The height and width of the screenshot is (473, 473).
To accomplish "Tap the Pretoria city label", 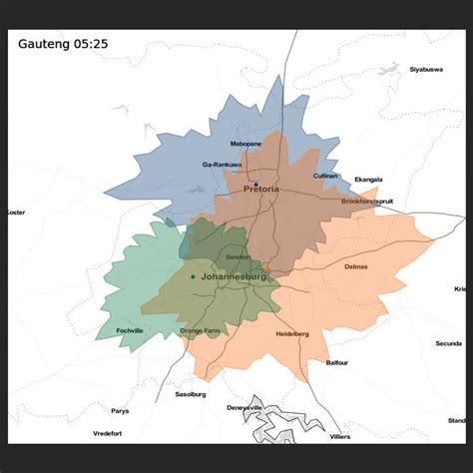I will pyautogui.click(x=261, y=189).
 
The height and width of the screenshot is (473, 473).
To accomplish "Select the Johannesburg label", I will pyautogui.click(x=233, y=275).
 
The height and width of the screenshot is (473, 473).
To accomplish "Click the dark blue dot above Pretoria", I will pyautogui.click(x=255, y=184).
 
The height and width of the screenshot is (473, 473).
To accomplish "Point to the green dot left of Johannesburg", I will pyautogui.click(x=193, y=276).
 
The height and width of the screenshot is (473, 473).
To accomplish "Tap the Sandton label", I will pyautogui.click(x=238, y=257).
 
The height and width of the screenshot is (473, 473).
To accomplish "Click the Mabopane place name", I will pyautogui.click(x=245, y=144).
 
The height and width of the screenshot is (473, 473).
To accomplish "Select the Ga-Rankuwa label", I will pyautogui.click(x=222, y=165).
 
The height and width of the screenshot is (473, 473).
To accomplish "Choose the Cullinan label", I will pyautogui.click(x=325, y=176).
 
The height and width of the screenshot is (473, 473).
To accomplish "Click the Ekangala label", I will pyautogui.click(x=368, y=180).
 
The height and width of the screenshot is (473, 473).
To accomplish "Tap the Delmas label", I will pyautogui.click(x=355, y=266).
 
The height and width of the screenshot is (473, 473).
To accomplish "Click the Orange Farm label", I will pyautogui.click(x=199, y=330).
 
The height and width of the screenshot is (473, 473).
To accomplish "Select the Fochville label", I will pyautogui.click(x=130, y=330).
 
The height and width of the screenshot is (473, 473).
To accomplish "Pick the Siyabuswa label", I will pyautogui.click(x=426, y=69).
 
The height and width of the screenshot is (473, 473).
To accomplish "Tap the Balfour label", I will pyautogui.click(x=336, y=363).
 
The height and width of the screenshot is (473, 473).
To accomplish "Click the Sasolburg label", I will pyautogui.click(x=190, y=394).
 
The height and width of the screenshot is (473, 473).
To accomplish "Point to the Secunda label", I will pyautogui.click(x=448, y=343).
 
